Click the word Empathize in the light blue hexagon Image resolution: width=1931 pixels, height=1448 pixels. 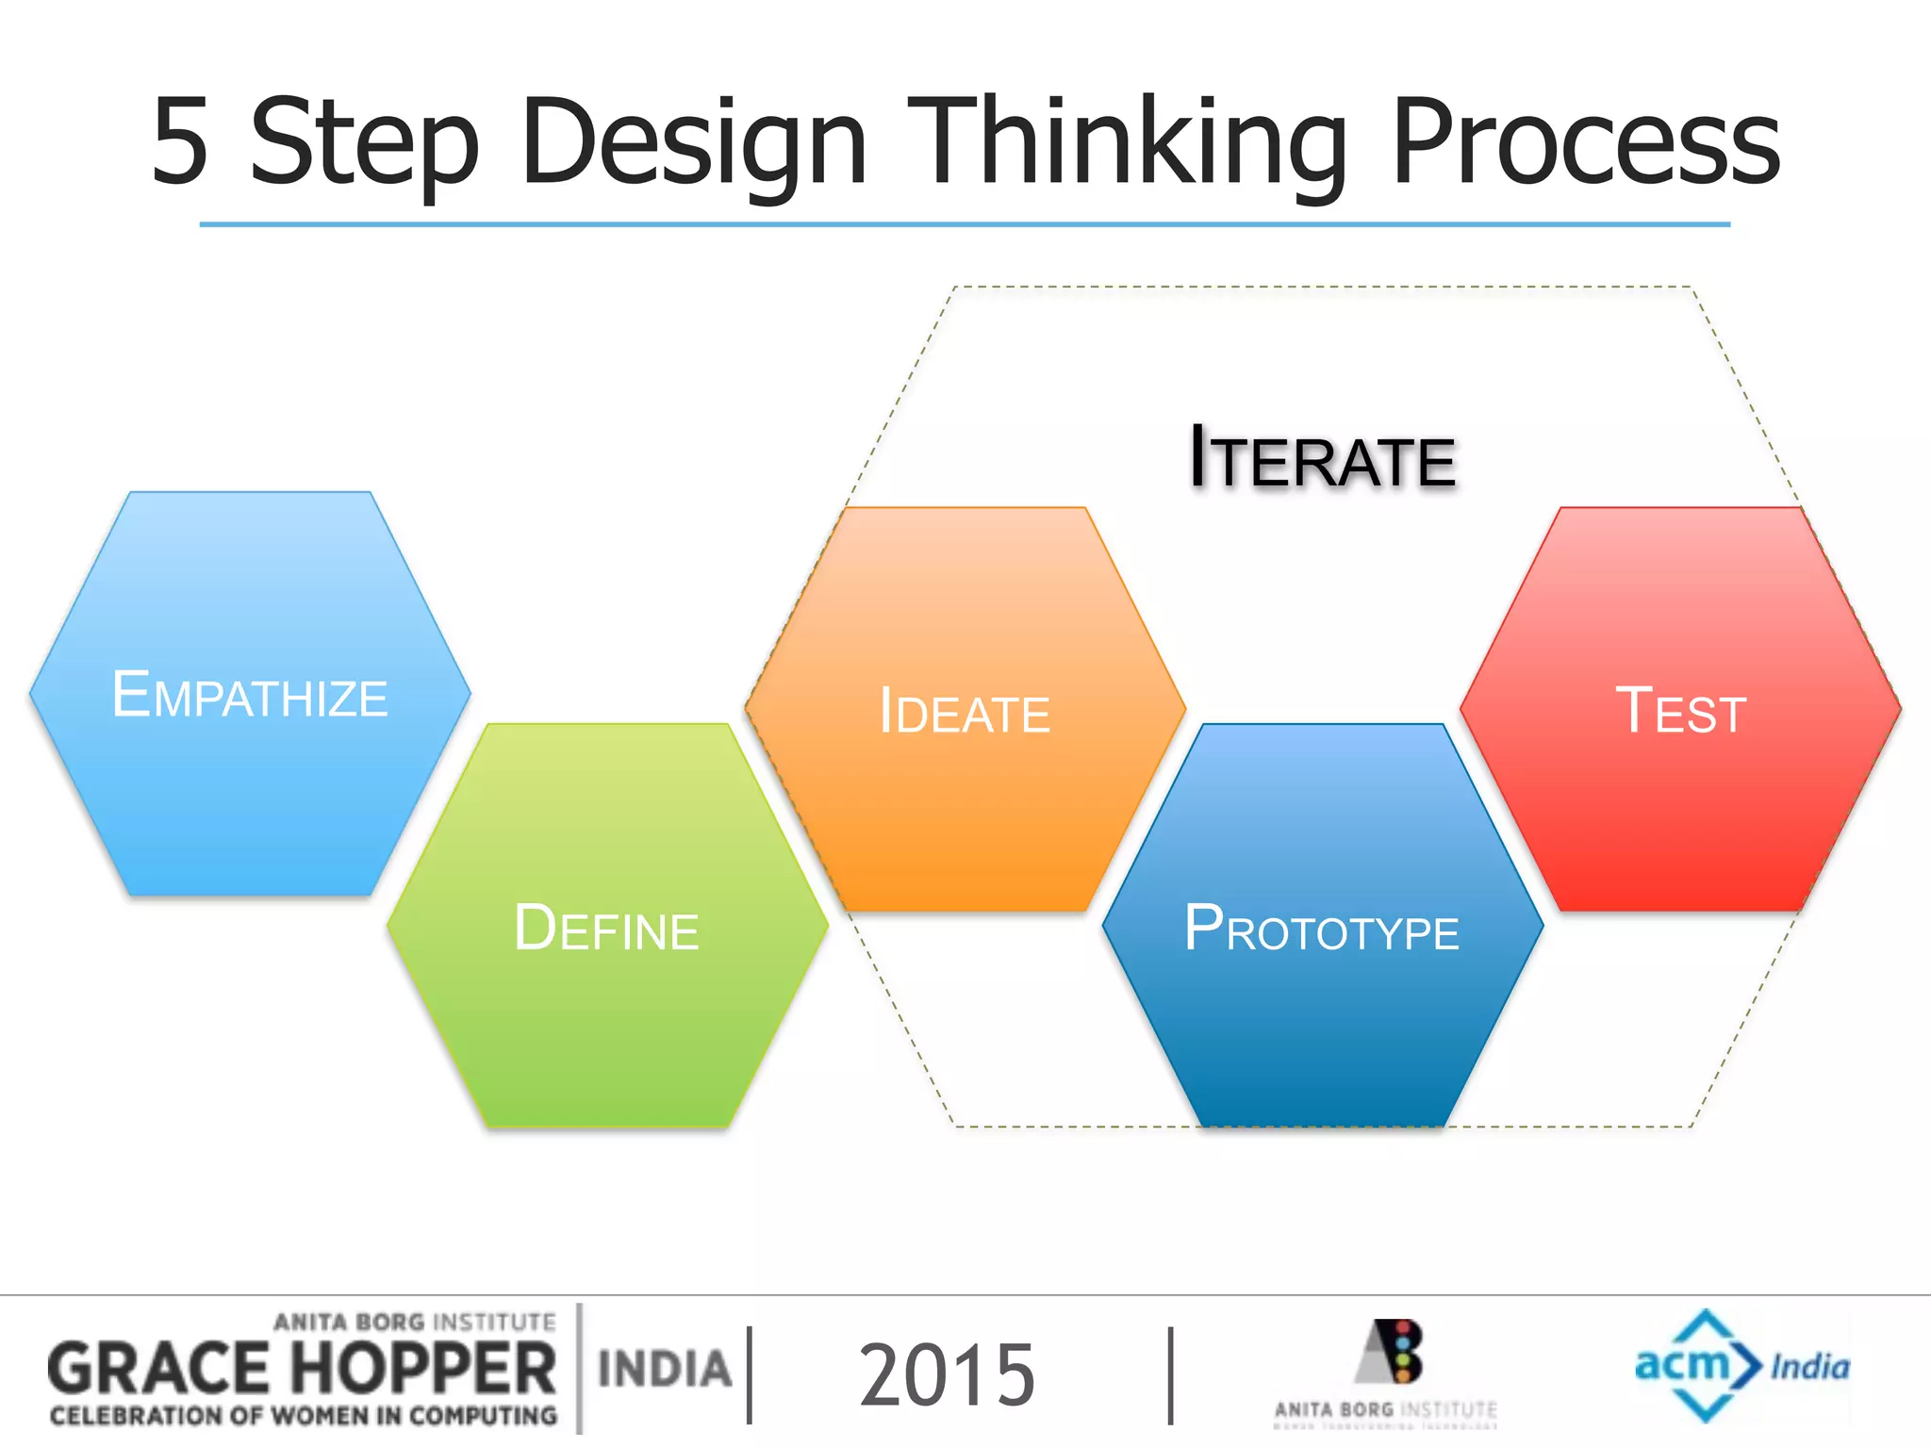coord(250,696)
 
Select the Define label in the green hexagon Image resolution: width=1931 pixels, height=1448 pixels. coord(606,929)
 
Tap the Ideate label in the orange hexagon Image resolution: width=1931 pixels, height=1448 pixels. coord(965,712)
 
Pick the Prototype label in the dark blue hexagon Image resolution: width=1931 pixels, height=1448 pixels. coord(1321,930)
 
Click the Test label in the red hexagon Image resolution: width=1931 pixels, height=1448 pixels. coord(1680,712)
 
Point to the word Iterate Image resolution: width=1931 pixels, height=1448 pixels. coord(1322,459)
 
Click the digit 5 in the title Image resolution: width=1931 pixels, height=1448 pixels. coord(180,141)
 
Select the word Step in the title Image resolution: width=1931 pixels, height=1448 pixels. coord(364,143)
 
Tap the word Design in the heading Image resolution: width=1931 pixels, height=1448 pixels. coord(693,143)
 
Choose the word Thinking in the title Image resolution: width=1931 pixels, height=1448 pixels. coord(1127,143)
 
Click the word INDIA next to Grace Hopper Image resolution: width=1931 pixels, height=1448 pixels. coord(665,1370)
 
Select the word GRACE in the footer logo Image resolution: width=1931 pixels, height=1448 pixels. coord(158,1370)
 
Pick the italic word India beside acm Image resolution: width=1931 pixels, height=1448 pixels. coord(1809,1367)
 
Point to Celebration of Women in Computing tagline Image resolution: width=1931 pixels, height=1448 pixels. coord(304,1416)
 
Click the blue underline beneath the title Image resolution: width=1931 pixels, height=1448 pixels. coord(965,224)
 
